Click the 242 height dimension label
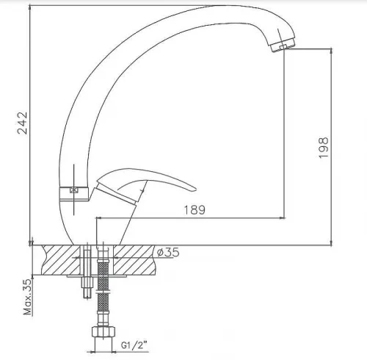click(x=23, y=123)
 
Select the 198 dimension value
click(x=324, y=148)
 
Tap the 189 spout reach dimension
click(x=195, y=210)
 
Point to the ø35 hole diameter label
click(x=168, y=252)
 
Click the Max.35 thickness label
click(x=28, y=297)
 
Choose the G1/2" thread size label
click(x=134, y=345)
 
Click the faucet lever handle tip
click(x=195, y=190)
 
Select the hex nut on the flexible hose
click(x=103, y=332)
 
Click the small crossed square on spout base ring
click(x=73, y=190)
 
